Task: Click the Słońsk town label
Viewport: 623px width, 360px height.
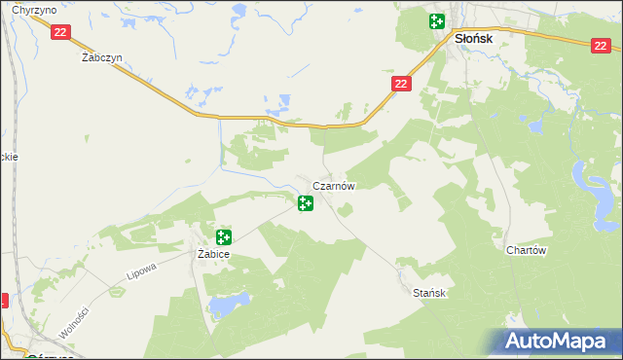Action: (474, 38)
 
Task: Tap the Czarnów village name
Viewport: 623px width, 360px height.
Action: (334, 185)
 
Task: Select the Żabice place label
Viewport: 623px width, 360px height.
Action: (212, 254)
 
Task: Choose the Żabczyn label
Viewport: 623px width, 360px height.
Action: (101, 57)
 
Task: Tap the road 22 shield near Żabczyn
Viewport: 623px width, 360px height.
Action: (61, 32)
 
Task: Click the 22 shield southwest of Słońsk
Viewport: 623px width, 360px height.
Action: (403, 85)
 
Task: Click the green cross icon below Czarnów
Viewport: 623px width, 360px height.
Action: (306, 203)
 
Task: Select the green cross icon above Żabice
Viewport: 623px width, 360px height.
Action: (224, 236)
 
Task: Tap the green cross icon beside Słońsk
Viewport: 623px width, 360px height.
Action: (437, 21)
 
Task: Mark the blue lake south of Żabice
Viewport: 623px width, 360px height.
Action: (222, 306)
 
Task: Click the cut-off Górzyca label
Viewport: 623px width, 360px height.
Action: (25, 356)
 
